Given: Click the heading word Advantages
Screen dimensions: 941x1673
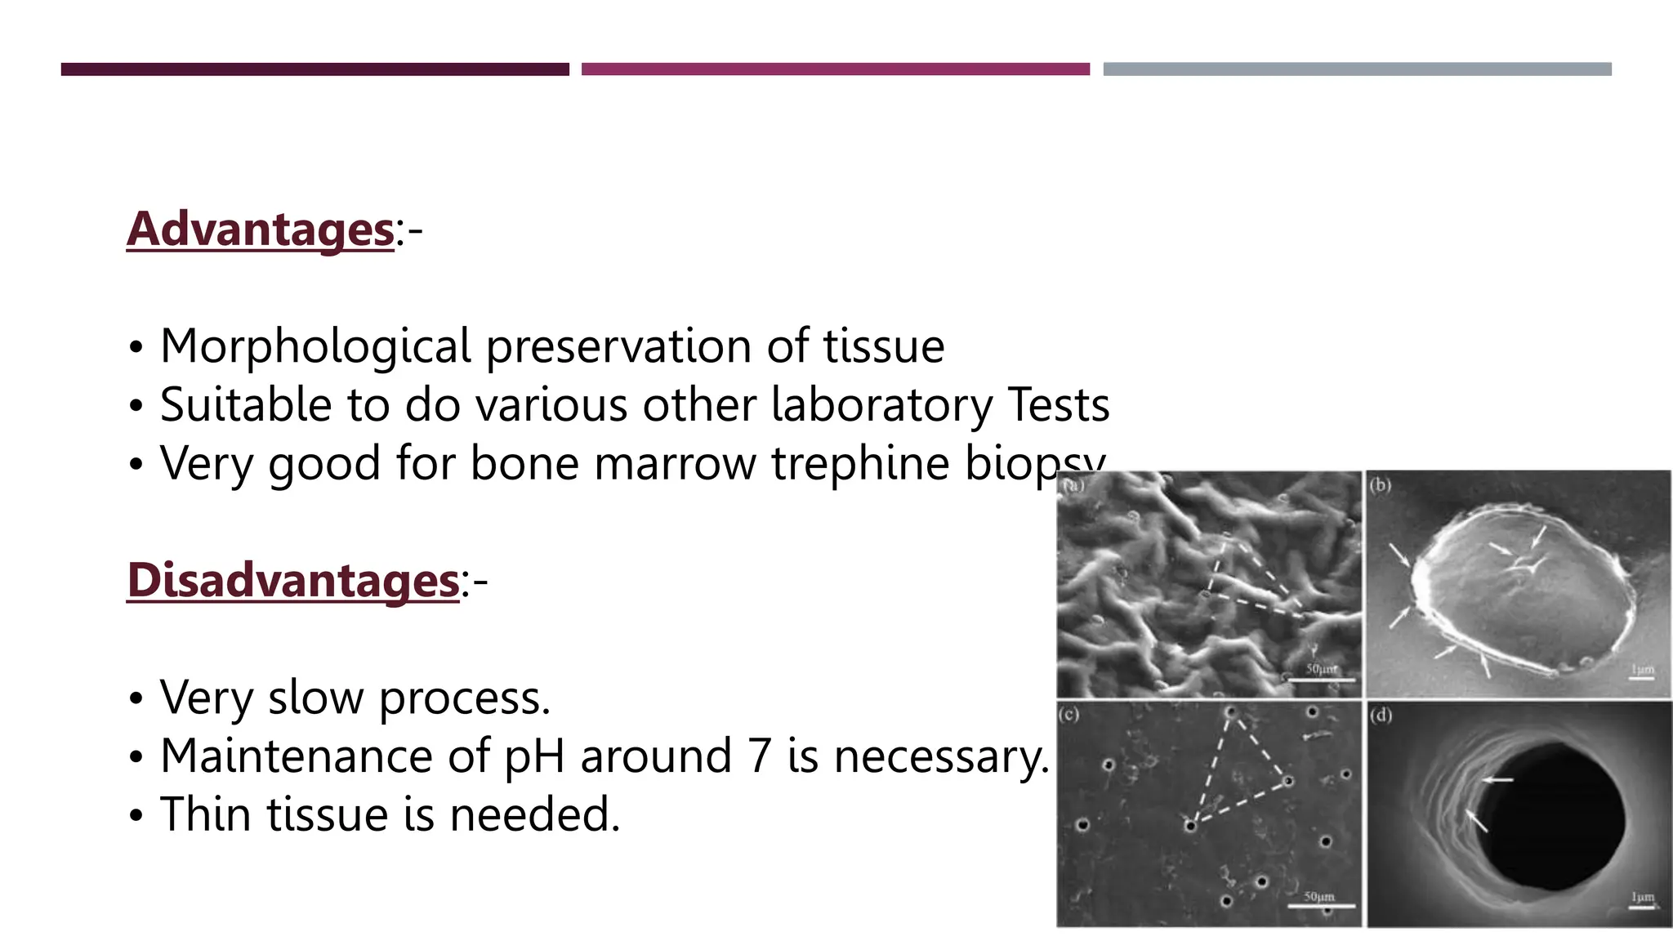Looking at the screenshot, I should pyautogui.click(x=260, y=229).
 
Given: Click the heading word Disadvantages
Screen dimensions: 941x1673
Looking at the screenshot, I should pyautogui.click(x=292, y=581).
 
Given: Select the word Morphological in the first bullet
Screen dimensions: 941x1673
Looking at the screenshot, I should pyautogui.click(x=315, y=346).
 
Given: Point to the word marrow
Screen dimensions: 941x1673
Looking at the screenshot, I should pyautogui.click(x=675, y=463).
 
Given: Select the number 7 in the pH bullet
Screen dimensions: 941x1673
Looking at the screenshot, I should pyautogui.click(x=759, y=756).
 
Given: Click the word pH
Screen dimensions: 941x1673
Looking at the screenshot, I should pyautogui.click(x=534, y=757).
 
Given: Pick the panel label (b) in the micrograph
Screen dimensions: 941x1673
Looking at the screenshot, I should pyautogui.click(x=1380, y=484).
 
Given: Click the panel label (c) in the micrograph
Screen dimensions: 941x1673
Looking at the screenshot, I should pyautogui.click(x=1068, y=714).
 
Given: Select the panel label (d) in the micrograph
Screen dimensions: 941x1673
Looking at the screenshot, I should pyautogui.click(x=1381, y=716).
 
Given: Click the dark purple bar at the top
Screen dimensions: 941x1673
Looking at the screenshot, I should pyautogui.click(x=315, y=69).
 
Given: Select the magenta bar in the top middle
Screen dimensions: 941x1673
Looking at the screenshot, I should pyautogui.click(x=835, y=69).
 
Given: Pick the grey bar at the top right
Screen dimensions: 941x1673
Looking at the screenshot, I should pyautogui.click(x=1357, y=69).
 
